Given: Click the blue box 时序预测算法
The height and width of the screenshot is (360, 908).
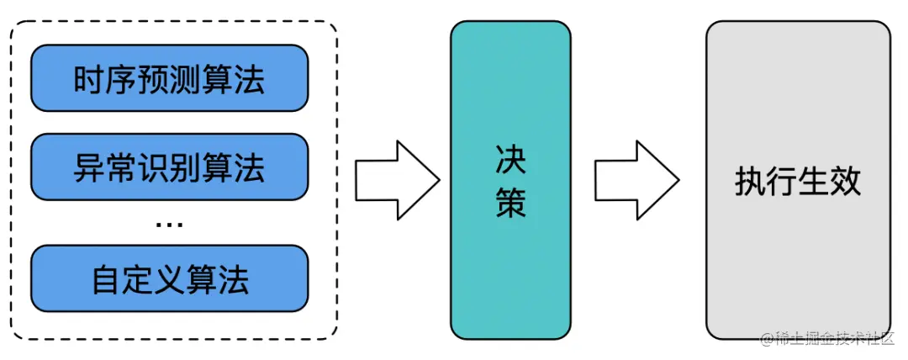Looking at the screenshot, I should (169, 78).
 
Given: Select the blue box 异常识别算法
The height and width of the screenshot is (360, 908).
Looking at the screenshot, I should (169, 167).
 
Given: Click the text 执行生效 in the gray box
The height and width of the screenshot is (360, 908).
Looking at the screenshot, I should (798, 181).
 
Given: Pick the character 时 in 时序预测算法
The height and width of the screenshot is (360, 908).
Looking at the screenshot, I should (89, 79).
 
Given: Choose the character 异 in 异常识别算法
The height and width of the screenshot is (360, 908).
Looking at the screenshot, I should (89, 167).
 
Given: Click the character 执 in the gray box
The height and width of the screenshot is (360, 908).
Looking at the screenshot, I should (750, 181).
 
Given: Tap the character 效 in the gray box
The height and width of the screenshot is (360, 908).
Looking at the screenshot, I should (846, 181).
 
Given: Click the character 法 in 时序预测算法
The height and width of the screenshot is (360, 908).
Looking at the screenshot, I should (249, 79).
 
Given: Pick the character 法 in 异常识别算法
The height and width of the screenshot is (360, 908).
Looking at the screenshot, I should (249, 167).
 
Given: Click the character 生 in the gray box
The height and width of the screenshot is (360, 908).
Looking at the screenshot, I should (814, 181).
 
